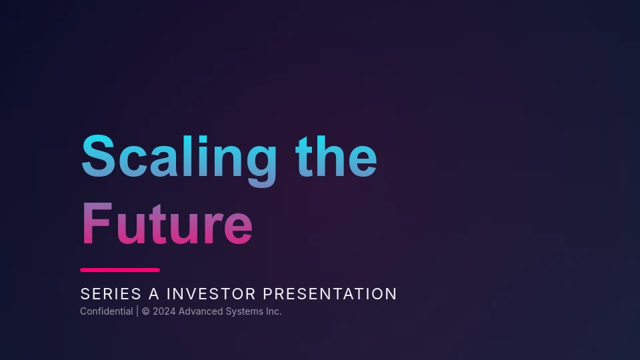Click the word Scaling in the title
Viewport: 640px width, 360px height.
[179, 161]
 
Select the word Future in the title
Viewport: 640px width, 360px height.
[167, 224]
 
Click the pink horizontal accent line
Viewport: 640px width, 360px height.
[120, 270]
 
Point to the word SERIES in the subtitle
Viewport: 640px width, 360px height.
[111, 294]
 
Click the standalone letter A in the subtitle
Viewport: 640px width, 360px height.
[153, 294]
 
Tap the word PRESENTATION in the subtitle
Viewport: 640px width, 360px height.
[330, 294]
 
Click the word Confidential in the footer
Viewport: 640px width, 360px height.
[107, 311]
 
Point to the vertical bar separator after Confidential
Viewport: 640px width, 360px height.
[137, 311]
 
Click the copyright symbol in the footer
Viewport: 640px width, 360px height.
[146, 311]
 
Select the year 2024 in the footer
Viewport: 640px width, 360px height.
[164, 311]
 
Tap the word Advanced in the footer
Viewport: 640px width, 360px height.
[201, 311]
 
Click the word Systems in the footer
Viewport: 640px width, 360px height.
[245, 312]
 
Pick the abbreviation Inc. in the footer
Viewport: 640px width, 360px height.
[274, 311]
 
